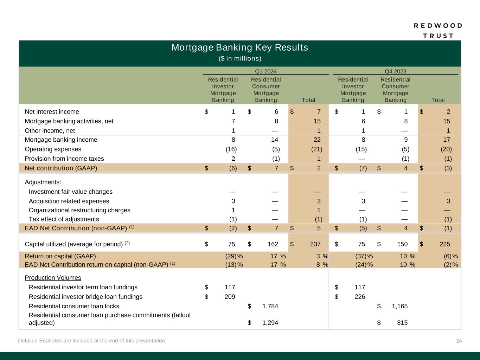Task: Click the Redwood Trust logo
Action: pyautogui.click(x=438, y=31)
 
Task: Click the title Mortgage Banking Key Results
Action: pyautogui.click(x=239, y=47)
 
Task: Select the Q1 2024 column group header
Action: pyautogui.click(x=265, y=71)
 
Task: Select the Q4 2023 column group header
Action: pyautogui.click(x=395, y=71)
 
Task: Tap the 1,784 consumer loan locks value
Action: pyautogui.click(x=270, y=306)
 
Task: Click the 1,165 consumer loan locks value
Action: pyautogui.click(x=400, y=306)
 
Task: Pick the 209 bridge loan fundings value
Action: pyautogui.click(x=230, y=297)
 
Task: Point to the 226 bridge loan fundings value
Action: pyautogui.click(x=360, y=297)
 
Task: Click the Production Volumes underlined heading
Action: pyautogui.click(x=53, y=278)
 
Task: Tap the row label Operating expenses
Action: pyautogui.click(x=53, y=149)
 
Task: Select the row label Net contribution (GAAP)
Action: pyautogui.click(x=61, y=168)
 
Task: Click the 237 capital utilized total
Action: pyautogui.click(x=315, y=244)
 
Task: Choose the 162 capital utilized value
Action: pyautogui.click(x=272, y=244)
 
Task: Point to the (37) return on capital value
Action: pyautogui.click(x=361, y=256)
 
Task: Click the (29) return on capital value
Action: pyautogui.click(x=231, y=256)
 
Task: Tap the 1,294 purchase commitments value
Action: pyautogui.click(x=270, y=323)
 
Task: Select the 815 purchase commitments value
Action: pyautogui.click(x=402, y=323)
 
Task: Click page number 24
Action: pyautogui.click(x=459, y=341)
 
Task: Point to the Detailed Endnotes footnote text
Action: pyautogui.click(x=92, y=341)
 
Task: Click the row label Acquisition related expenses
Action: pyautogui.click(x=69, y=201)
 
